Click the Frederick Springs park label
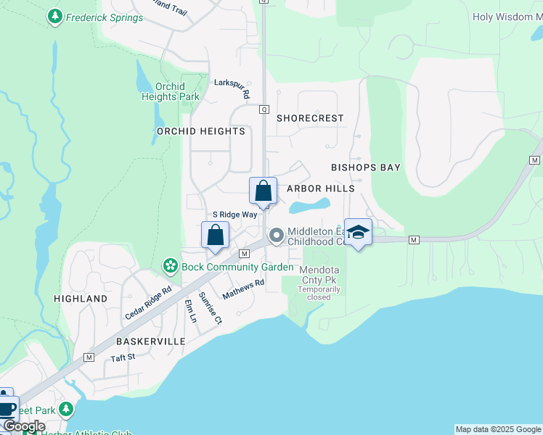(104, 17)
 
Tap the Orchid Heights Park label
(170, 91)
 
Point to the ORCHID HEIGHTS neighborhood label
(201, 131)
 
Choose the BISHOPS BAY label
(366, 167)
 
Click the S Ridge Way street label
(234, 215)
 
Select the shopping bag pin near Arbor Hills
(263, 191)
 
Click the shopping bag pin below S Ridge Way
(215, 236)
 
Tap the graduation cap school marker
(358, 233)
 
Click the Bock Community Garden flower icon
(170, 267)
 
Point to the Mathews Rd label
(243, 290)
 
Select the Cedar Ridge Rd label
(147, 303)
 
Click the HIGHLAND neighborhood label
(81, 299)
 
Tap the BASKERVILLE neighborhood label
(150, 341)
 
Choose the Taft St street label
(123, 357)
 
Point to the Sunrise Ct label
(210, 307)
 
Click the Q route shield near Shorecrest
(264, 109)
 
